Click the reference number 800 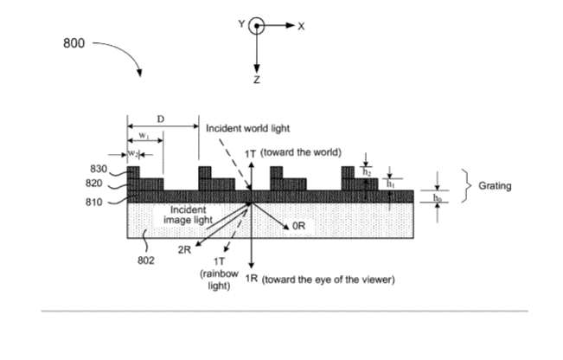click(74, 43)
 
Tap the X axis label click(301, 26)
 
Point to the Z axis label click(256, 80)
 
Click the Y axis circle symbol click(256, 25)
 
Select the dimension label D click(161, 119)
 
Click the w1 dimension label click(144, 136)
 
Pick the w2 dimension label click(133, 153)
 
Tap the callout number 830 click(99, 169)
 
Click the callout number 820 click(93, 183)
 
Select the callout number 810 click(93, 202)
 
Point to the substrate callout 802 click(146, 260)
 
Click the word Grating click(495, 186)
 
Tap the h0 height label click(437, 197)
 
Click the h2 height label click(366, 172)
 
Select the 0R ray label click(298, 226)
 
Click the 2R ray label click(184, 249)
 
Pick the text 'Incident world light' click(247, 128)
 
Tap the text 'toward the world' click(301, 152)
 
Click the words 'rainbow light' click(220, 280)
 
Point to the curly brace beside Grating click(466, 186)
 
